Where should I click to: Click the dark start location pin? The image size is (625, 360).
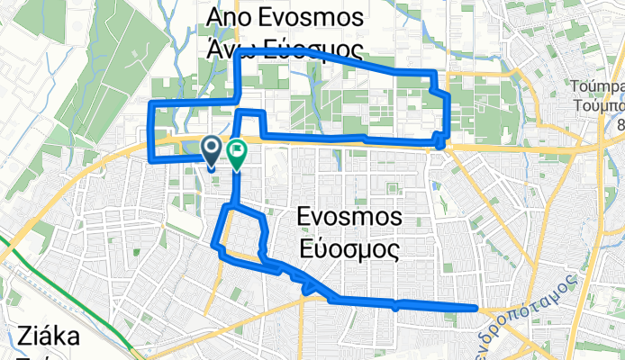pyautogui.click(x=212, y=151)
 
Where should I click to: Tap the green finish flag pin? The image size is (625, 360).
pyautogui.click(x=237, y=154)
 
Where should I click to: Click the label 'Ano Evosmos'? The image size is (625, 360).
pyautogui.click(x=285, y=18)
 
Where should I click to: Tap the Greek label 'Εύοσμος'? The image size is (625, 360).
pyautogui.click(x=348, y=248)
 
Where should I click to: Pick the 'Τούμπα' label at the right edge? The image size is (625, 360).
pyautogui.click(x=596, y=87)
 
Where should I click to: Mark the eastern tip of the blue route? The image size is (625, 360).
pyautogui.click(x=475, y=308)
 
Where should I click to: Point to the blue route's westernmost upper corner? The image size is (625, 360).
pyautogui.click(x=151, y=105)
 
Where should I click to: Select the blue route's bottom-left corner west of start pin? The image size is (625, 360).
pyautogui.click(x=152, y=157)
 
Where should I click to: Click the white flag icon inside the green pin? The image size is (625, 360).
pyautogui.click(x=237, y=149)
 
